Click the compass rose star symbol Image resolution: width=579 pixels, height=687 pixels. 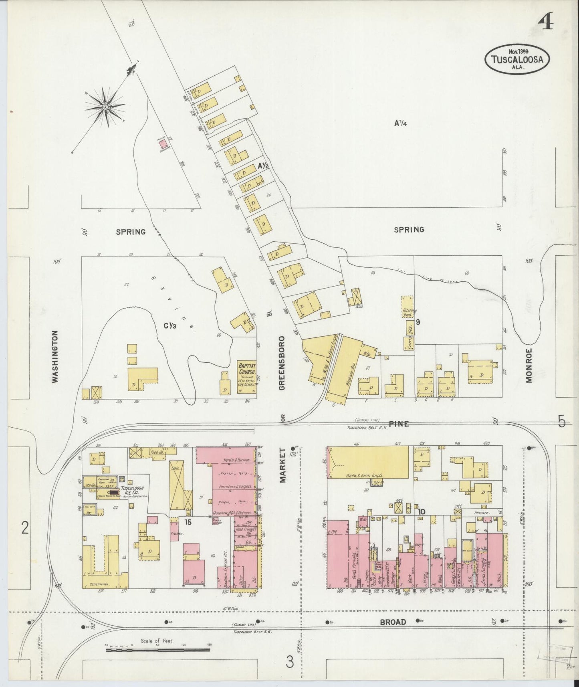[105, 107]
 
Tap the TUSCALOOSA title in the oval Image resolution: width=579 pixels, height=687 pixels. [517, 60]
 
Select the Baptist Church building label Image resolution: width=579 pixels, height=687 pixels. [247, 368]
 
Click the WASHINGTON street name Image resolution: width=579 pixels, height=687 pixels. [55, 356]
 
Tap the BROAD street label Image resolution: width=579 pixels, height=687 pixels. [393, 622]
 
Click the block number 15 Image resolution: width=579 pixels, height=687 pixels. [188, 522]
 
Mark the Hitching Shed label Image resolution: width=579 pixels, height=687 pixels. [410, 313]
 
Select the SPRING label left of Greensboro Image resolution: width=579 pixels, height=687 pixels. [130, 232]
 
